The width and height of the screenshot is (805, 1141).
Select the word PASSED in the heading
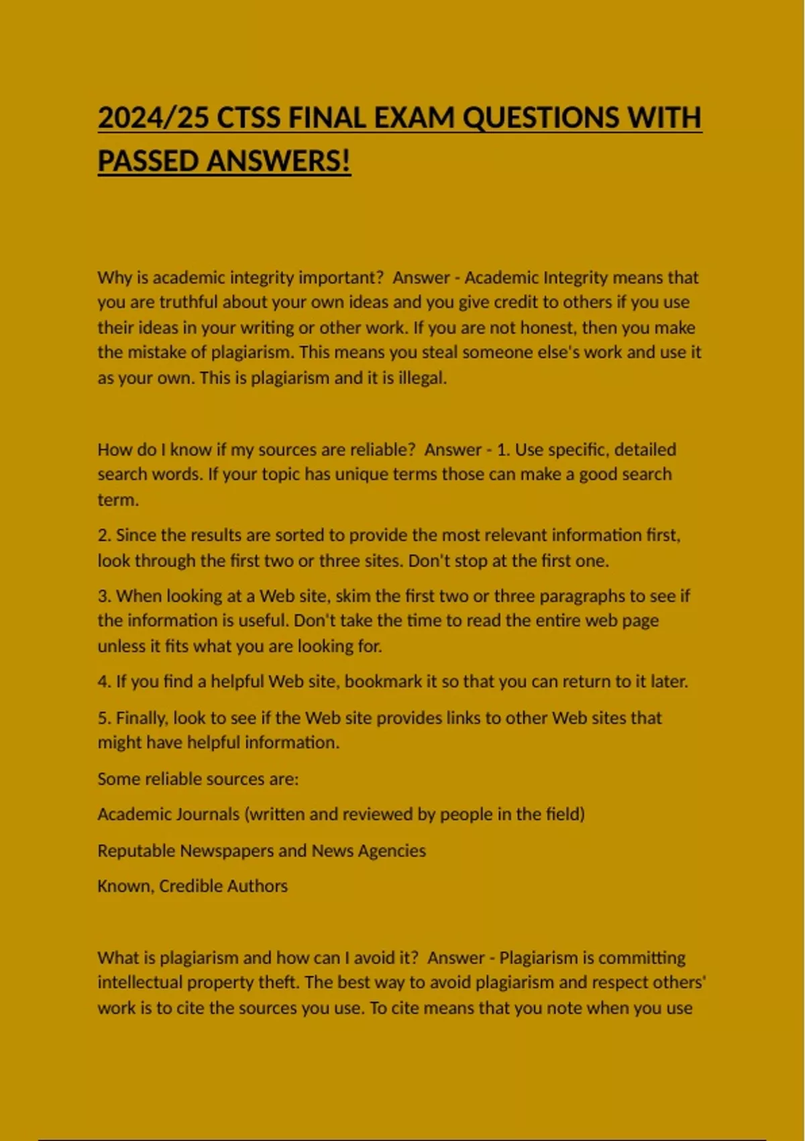pos(148,161)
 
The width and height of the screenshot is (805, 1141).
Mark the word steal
pos(441,352)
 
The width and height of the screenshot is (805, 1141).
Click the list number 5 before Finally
pos(103,718)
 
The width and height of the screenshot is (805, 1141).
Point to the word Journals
pos(207,815)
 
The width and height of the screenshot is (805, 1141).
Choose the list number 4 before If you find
pos(103,682)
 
